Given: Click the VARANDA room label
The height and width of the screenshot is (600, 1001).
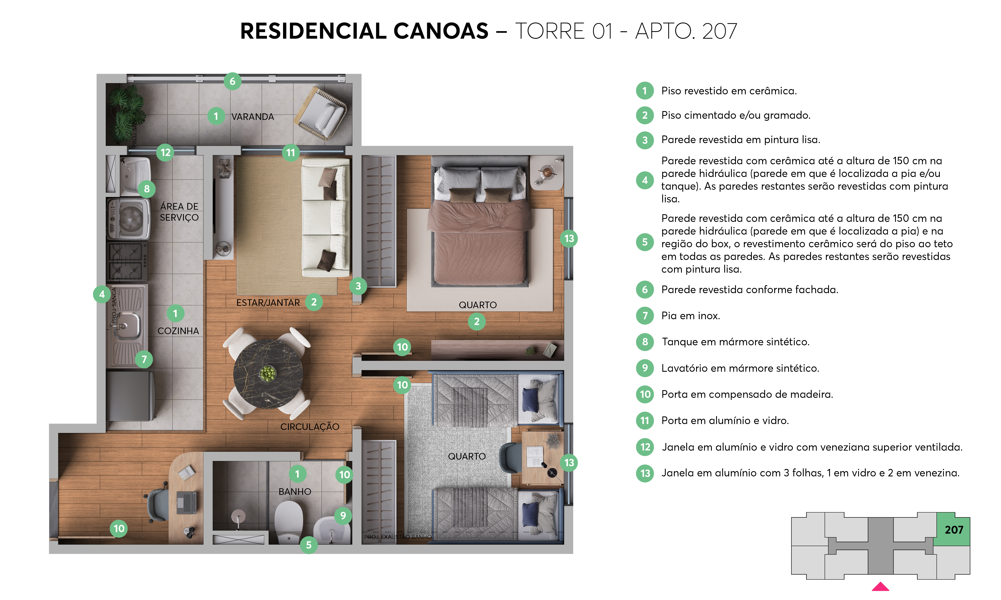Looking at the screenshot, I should (253, 117).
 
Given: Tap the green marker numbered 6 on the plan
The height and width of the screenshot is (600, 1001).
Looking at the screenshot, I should (233, 81).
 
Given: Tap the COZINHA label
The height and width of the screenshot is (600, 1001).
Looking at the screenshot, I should (178, 331).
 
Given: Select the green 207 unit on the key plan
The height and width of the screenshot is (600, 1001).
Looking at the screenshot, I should (953, 530).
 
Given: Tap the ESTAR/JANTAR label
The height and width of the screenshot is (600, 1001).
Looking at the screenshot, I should (268, 303).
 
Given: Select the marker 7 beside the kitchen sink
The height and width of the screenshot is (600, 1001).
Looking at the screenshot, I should (144, 359).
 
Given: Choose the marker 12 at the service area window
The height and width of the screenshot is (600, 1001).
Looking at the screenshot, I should (165, 152).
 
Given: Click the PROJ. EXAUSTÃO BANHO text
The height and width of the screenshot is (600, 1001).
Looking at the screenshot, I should (398, 537).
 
